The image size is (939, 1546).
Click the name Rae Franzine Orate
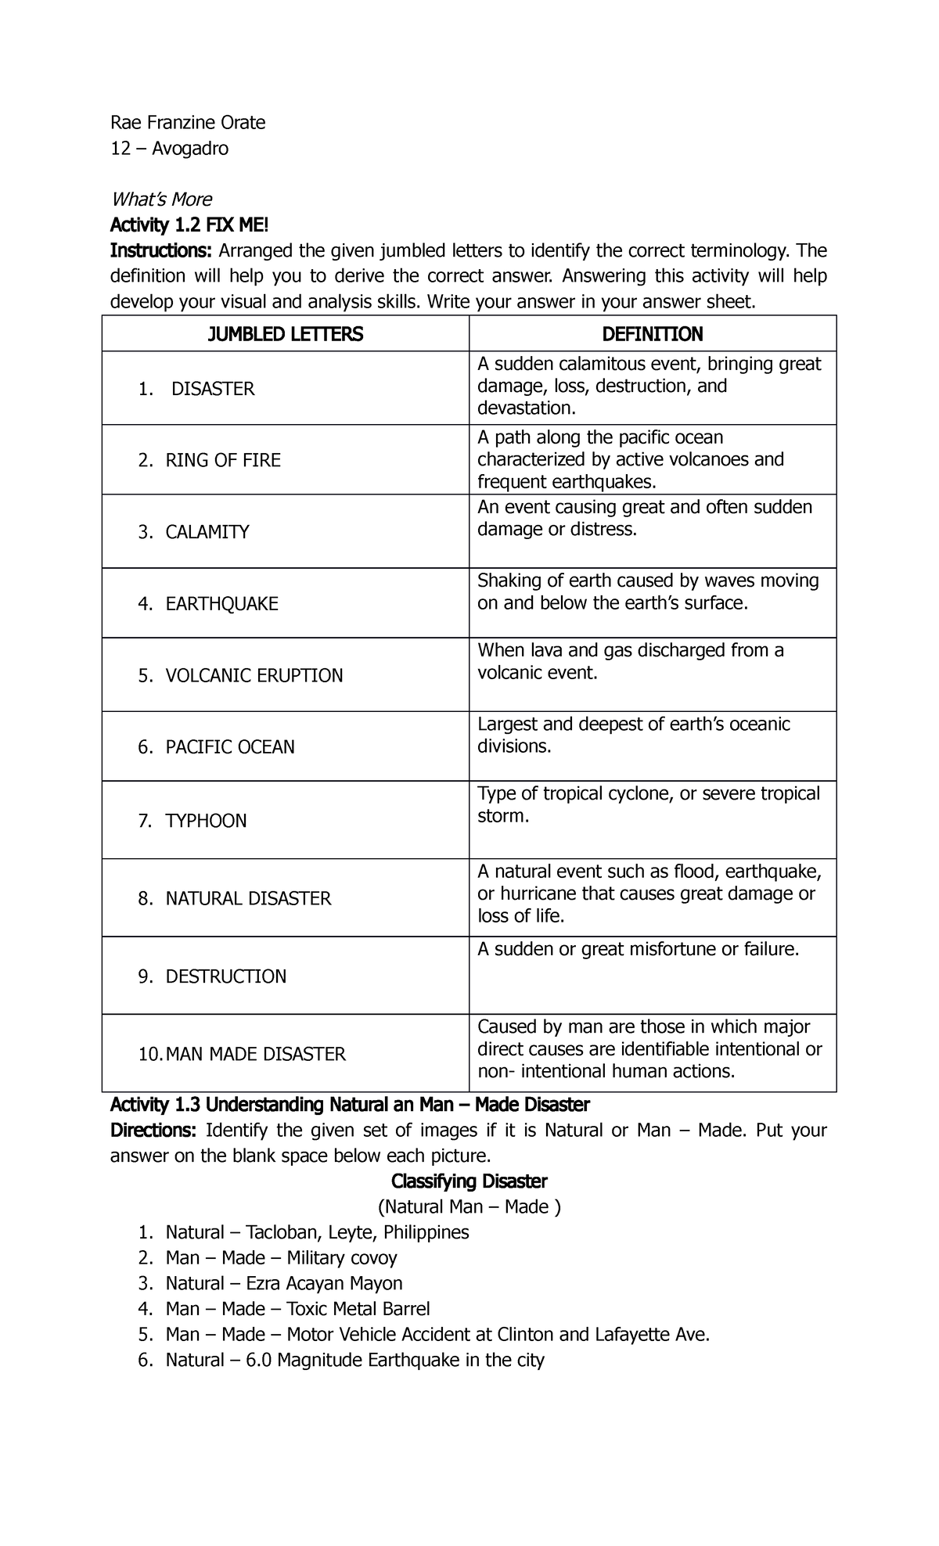[188, 122]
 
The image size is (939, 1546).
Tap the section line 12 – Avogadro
[169, 148]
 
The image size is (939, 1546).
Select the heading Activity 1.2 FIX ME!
[189, 225]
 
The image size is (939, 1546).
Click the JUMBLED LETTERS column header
[285, 334]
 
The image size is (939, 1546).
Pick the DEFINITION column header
[652, 334]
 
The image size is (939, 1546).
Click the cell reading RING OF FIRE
[222, 460]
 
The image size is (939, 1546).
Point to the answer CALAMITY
[207, 532]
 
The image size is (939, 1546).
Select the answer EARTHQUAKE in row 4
[221, 604]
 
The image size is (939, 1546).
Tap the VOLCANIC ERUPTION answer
[254, 675]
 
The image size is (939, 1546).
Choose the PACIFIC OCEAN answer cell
[229, 747]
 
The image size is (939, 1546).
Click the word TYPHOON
[206, 821]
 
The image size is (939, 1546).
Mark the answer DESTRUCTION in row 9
[225, 976]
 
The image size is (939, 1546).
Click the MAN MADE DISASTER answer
[255, 1055]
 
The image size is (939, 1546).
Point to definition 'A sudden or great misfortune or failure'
[639, 949]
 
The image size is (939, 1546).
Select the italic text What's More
[160, 199]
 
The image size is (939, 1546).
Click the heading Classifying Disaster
[469, 1181]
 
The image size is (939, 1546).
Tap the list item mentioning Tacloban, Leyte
[316, 1232]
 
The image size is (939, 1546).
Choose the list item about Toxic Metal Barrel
[297, 1309]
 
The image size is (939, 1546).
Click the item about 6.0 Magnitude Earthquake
[354, 1360]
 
